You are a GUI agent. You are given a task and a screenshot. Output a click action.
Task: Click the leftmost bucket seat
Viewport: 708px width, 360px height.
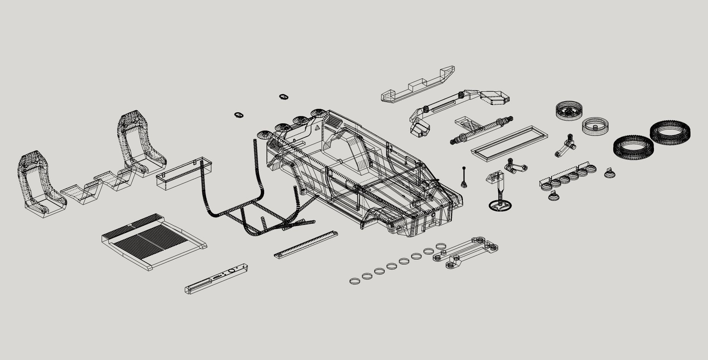point(40,186)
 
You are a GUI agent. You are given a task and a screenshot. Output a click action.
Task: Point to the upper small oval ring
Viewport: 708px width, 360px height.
point(283,97)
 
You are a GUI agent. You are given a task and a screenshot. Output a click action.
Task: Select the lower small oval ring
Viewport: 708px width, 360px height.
point(239,115)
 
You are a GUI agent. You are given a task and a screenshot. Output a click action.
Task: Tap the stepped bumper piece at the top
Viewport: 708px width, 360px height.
point(419,86)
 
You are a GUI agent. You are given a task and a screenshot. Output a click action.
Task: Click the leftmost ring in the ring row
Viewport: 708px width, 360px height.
point(354,281)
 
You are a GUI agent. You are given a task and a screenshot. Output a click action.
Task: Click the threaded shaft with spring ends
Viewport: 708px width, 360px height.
point(482,130)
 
